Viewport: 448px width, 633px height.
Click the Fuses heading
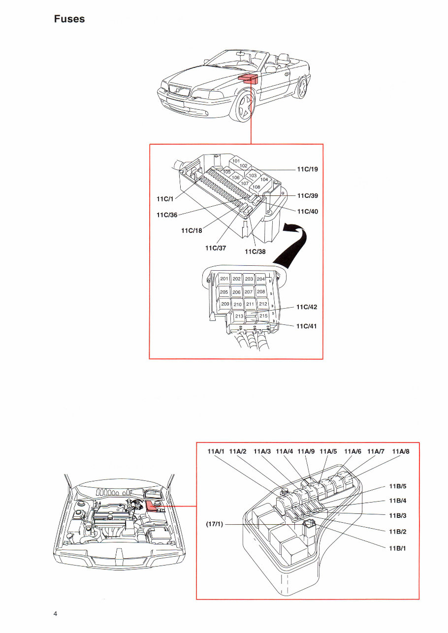(x=69, y=19)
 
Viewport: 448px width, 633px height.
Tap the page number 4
(x=56, y=613)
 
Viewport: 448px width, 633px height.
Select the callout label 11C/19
(x=307, y=169)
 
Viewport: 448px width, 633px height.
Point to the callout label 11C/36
(x=167, y=215)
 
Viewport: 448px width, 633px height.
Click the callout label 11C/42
(x=307, y=307)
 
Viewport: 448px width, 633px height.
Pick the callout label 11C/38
(x=255, y=251)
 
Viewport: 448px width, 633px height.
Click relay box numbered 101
(x=236, y=161)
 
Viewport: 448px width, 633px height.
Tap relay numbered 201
(x=224, y=279)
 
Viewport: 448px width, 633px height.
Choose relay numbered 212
(x=263, y=304)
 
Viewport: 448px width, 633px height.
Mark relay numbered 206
(x=236, y=292)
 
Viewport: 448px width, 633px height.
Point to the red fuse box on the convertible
(x=248, y=78)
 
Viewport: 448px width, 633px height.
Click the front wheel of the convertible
(x=245, y=107)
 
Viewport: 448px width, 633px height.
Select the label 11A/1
(x=216, y=451)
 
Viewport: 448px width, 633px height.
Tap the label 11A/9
(x=306, y=451)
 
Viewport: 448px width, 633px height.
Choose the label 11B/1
(x=397, y=548)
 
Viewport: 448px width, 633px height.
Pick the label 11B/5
(x=397, y=486)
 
